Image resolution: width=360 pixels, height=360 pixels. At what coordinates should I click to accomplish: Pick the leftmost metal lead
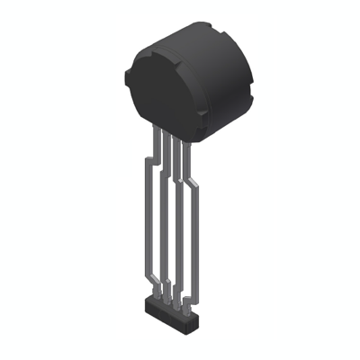[x=144, y=225]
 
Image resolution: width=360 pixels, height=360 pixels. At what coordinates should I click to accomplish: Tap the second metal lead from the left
[x=160, y=225]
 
